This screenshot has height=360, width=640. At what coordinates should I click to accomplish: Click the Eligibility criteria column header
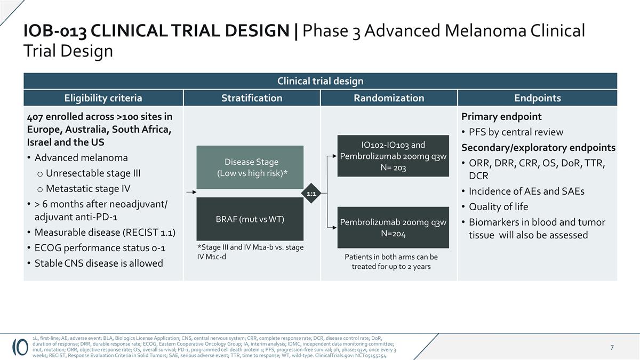click(103, 98)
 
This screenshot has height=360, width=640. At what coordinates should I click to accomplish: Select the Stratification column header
click(252, 98)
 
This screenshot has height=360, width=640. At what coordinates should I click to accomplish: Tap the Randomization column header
click(389, 98)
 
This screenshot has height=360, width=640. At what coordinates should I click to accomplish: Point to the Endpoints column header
click(537, 98)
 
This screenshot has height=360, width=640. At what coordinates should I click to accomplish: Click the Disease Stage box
click(250, 167)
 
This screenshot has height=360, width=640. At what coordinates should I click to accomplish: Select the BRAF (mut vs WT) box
click(250, 219)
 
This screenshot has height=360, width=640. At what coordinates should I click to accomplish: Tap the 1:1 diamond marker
click(312, 194)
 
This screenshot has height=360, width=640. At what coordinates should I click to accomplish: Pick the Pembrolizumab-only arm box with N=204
click(393, 228)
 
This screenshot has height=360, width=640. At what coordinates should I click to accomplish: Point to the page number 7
click(612, 348)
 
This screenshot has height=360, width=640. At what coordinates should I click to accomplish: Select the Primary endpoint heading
click(501, 117)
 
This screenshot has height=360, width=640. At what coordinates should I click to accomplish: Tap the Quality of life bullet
click(498, 207)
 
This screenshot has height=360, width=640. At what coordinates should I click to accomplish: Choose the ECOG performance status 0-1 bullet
click(100, 248)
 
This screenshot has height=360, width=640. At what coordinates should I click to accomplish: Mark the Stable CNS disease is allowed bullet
click(99, 263)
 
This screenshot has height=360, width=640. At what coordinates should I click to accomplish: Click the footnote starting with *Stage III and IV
click(250, 252)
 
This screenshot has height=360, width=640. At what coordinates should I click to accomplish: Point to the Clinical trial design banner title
click(320, 81)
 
